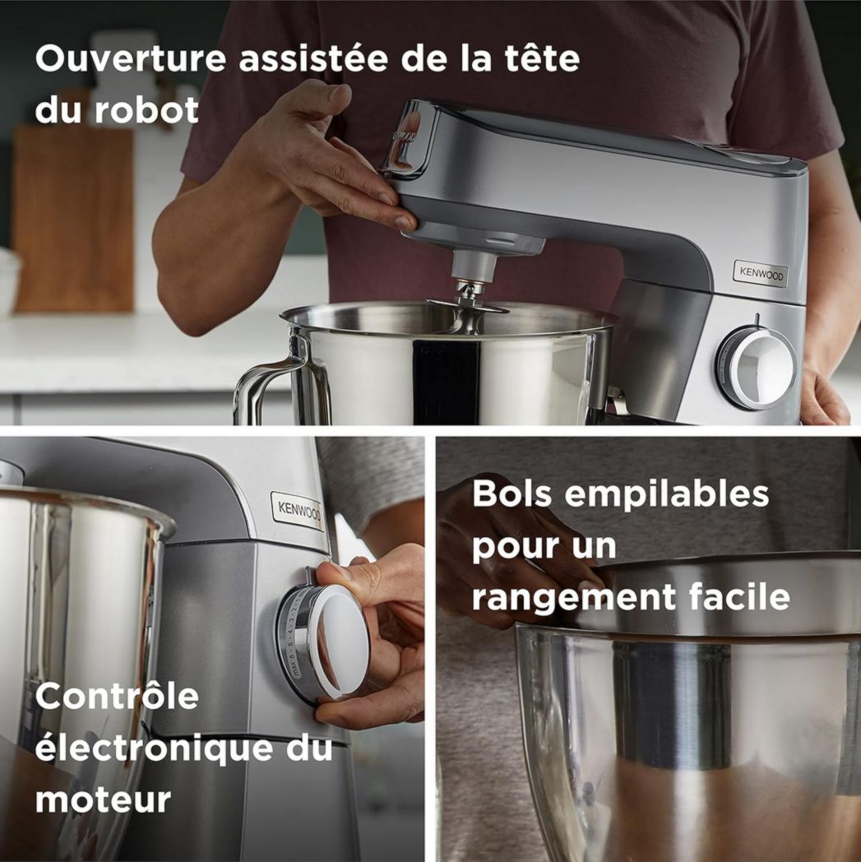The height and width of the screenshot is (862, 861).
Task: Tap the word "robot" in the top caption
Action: (x=146, y=110)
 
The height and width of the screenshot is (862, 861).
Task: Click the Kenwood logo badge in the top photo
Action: (x=759, y=274)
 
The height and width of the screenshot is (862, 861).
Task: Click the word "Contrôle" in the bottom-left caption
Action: (x=117, y=697)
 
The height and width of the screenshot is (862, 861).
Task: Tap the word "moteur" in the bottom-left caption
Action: (x=103, y=799)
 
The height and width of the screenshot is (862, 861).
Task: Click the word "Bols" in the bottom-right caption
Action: (x=512, y=494)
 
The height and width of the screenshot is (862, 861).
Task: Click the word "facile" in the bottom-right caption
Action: (x=738, y=596)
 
